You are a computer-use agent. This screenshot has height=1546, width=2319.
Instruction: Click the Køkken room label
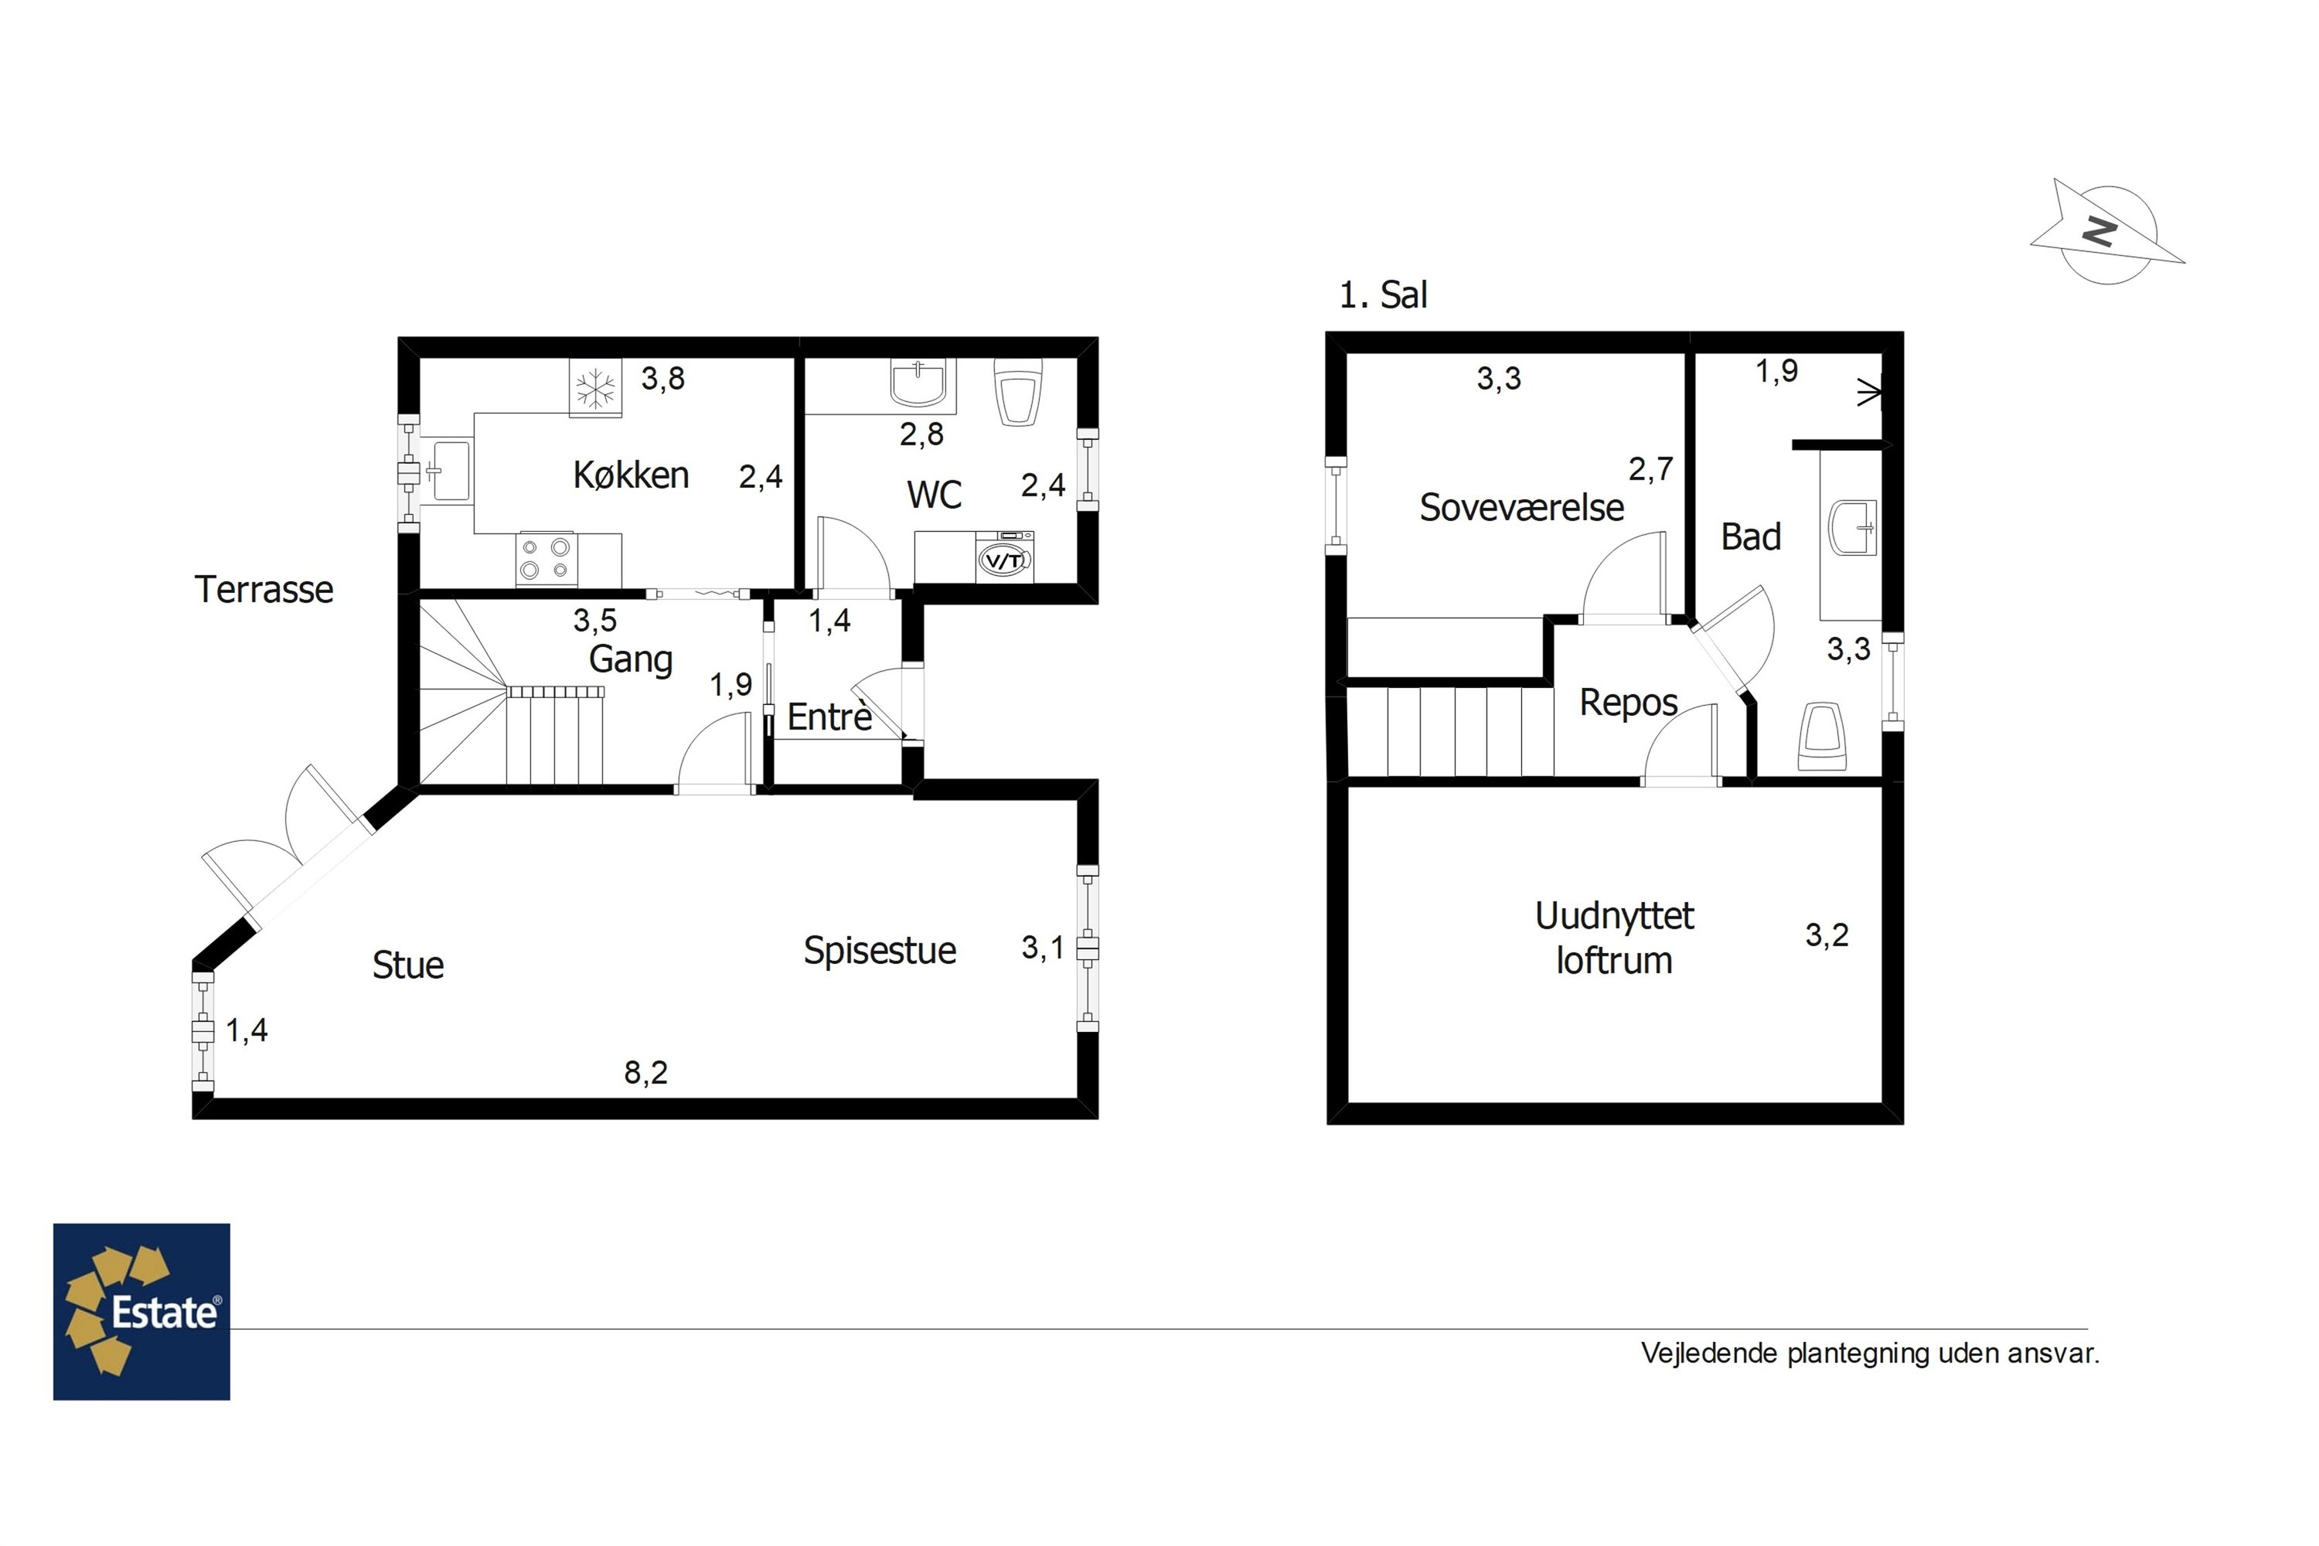(631, 475)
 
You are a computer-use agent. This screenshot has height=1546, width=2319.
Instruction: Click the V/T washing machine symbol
(1005, 559)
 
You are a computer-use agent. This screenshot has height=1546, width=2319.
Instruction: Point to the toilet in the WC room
(1019, 390)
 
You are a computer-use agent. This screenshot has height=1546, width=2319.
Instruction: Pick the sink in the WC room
(918, 383)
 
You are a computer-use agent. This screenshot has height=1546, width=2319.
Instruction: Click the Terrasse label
(264, 590)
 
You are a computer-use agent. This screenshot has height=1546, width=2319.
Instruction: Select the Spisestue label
(880, 951)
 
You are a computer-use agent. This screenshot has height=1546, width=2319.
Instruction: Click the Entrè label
(829, 717)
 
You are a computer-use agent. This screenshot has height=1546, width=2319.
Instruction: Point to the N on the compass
(2100, 233)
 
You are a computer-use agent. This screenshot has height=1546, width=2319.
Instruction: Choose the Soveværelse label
(1521, 508)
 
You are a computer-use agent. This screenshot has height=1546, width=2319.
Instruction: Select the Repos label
(1629, 703)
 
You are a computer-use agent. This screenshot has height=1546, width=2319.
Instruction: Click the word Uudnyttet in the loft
(1614, 916)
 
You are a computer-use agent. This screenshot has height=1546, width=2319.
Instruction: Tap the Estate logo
(142, 1313)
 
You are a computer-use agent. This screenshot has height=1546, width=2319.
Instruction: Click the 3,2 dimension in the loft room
(1827, 935)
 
